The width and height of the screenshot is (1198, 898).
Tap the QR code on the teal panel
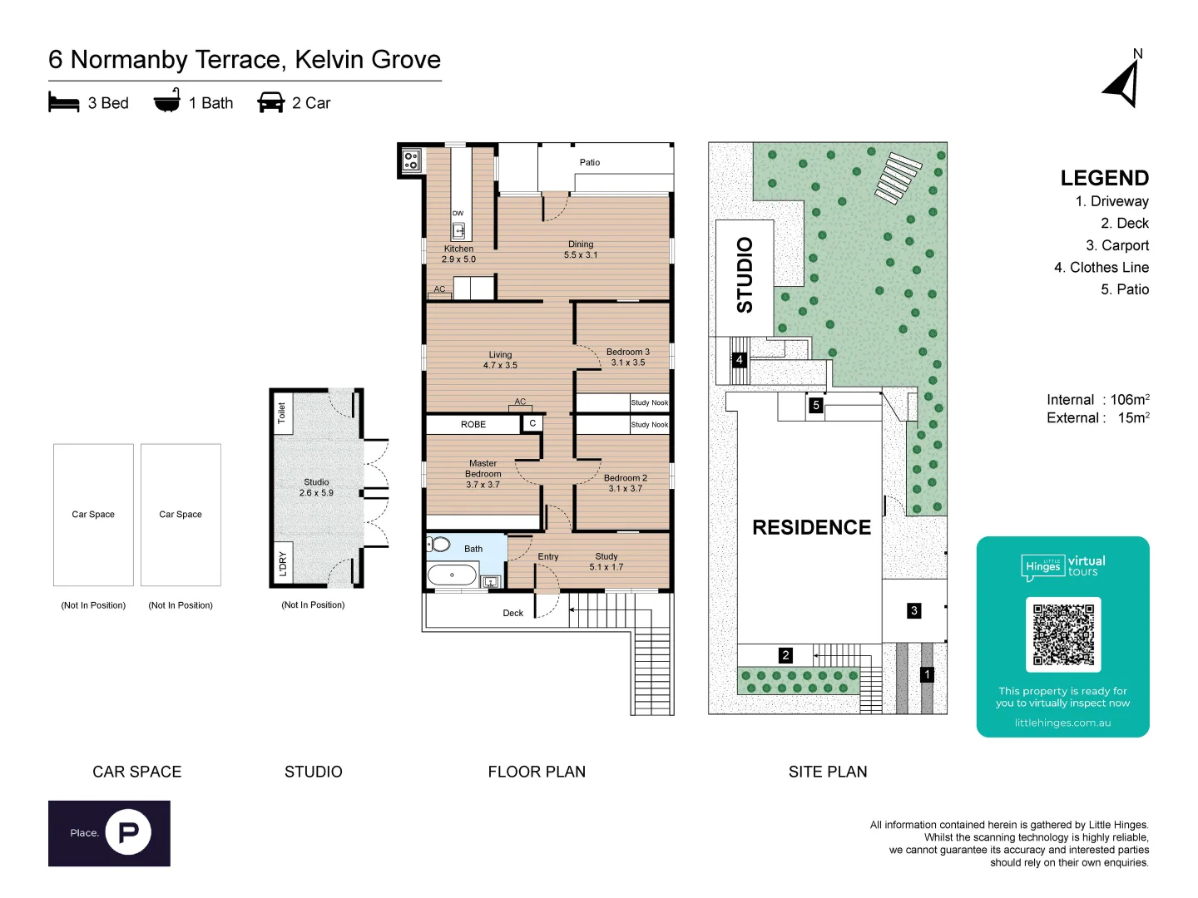(1062, 634)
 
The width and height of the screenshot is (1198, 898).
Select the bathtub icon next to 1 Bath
(167, 101)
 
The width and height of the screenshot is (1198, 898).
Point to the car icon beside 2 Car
(271, 102)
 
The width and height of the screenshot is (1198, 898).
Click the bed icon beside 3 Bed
(64, 102)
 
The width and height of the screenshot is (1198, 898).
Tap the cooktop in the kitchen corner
(411, 160)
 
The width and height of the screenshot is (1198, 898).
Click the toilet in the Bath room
(438, 545)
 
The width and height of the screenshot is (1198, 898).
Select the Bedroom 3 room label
(628, 352)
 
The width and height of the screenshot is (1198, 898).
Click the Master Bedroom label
(483, 469)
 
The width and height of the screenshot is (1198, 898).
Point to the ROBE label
(473, 425)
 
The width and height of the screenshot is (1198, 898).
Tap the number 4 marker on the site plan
(739, 360)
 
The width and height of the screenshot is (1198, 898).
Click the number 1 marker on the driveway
(928, 675)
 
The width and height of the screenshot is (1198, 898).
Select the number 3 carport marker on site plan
(914, 611)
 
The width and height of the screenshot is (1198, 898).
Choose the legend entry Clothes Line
(1101, 268)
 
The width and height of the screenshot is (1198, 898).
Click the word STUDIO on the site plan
(745, 275)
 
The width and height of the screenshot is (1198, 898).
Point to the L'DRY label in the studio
(282, 563)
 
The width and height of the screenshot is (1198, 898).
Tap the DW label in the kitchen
(458, 214)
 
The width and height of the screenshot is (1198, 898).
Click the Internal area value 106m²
(1130, 400)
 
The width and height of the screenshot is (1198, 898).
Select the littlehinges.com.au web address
(1062, 723)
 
